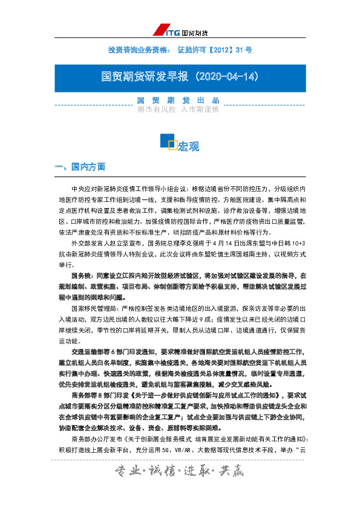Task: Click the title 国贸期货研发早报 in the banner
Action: tap(145, 77)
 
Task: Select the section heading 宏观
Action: tap(188, 146)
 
